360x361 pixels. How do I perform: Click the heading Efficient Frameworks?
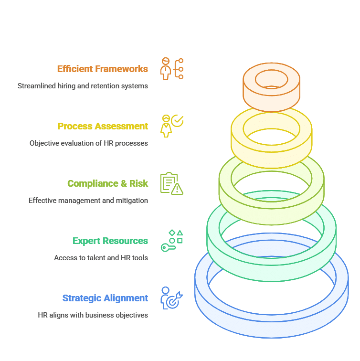[x=103, y=69]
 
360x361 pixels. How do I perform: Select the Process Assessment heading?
[x=103, y=126]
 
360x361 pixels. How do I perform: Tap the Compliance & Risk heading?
[x=108, y=183]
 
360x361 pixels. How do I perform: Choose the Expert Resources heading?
[x=110, y=241]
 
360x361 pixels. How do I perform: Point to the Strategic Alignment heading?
[x=105, y=298]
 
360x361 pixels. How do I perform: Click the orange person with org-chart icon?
[x=172, y=69]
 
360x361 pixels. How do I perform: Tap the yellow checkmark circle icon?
[x=177, y=121]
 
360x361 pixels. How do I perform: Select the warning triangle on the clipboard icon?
[x=177, y=189]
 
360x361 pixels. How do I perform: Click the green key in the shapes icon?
[x=168, y=248]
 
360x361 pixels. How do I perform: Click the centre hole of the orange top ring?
[x=271, y=79]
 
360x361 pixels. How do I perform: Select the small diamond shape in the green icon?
[x=172, y=233]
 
